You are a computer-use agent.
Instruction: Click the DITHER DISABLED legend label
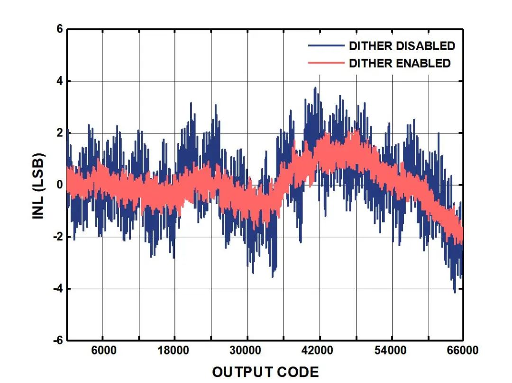(x=402, y=46)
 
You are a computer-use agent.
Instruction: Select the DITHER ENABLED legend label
(x=400, y=63)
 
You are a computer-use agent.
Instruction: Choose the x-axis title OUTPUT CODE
(x=265, y=372)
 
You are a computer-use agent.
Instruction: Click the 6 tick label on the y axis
(x=60, y=29)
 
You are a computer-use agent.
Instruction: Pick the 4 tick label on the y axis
(x=60, y=81)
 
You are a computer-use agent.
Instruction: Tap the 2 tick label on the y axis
(x=60, y=133)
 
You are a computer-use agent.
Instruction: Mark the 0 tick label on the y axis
(x=60, y=185)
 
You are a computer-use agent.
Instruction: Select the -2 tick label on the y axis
(x=58, y=237)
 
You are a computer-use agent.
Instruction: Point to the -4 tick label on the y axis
(x=58, y=289)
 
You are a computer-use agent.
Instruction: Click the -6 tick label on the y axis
(x=58, y=340)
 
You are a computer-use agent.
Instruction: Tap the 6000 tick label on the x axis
(x=103, y=351)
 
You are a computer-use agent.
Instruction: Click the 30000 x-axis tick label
(x=247, y=351)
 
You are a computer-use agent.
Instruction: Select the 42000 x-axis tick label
(x=319, y=351)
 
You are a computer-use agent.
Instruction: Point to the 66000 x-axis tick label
(x=462, y=351)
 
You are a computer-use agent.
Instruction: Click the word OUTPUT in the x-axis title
(x=241, y=372)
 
